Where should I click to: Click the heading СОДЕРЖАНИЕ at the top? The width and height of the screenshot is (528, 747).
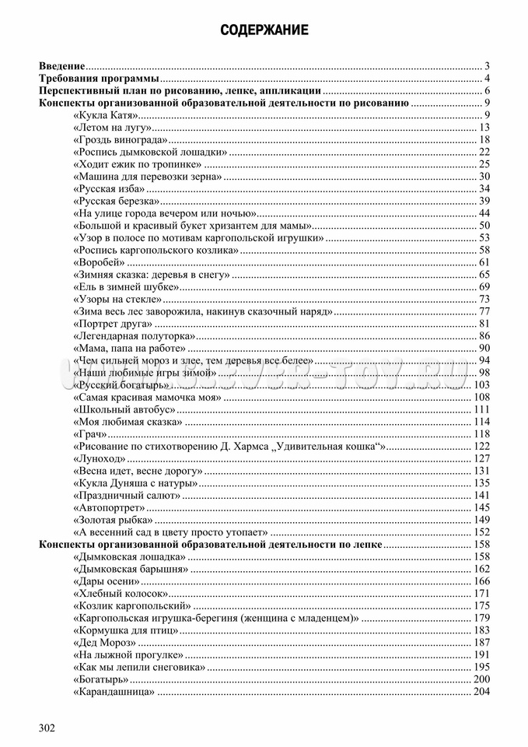tap(264, 30)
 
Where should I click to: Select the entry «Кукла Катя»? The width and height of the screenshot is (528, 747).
tap(104, 115)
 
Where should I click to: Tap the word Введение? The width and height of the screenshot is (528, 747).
tap(62, 66)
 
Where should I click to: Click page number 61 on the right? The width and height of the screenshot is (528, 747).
tap(484, 262)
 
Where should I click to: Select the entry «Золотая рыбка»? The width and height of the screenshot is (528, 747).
tap(112, 519)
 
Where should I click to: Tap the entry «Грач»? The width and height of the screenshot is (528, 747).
tap(89, 433)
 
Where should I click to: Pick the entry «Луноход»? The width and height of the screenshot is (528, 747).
tap(96, 458)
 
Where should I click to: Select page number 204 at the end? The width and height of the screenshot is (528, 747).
tap(481, 692)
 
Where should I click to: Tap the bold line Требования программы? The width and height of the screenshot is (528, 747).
tap(99, 79)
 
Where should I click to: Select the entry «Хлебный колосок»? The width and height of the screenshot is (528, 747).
tap(119, 593)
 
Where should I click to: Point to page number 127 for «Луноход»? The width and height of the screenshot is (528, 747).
tap(481, 458)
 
